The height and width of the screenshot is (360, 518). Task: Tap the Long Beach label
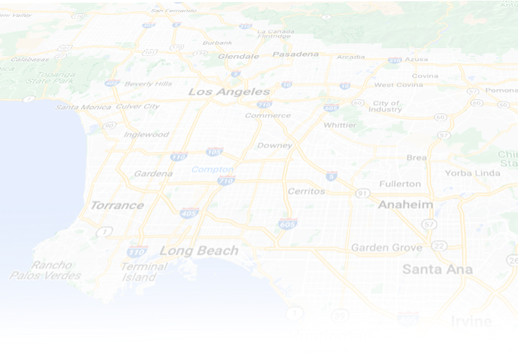[199, 251]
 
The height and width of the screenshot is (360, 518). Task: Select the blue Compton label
[212, 169]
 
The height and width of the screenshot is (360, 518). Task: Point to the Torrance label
[117, 205]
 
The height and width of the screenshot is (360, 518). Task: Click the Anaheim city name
[405, 204]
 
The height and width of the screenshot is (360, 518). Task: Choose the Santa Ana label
[437, 269]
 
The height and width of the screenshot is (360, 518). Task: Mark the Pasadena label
[295, 54]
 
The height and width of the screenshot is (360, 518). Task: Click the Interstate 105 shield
[215, 152]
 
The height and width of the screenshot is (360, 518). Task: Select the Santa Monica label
[84, 107]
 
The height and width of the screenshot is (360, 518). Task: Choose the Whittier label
[340, 125]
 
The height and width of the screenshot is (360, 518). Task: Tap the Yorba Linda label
[472, 173]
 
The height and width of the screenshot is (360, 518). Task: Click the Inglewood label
[146, 134]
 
